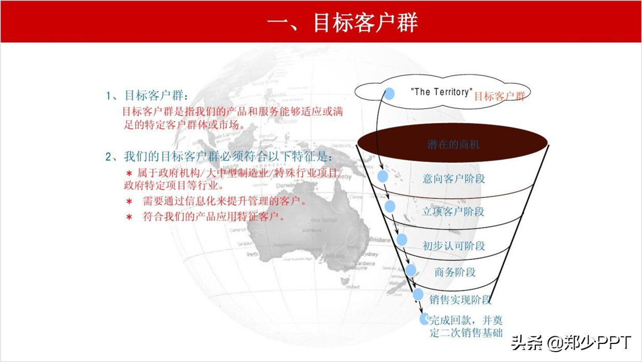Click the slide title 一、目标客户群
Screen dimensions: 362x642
342,23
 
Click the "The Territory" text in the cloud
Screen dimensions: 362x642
441,92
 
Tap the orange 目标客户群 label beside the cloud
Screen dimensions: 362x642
499,96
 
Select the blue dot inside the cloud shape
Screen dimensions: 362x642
389,94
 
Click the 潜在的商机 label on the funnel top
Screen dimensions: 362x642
453,144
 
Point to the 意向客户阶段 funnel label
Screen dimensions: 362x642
454,179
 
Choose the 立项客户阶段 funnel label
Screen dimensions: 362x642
453,211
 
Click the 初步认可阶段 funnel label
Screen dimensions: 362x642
454,246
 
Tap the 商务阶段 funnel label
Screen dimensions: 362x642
455,272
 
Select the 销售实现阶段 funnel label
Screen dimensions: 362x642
460,299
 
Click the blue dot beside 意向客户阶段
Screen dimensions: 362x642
383,177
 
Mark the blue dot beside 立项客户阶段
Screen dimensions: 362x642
390,207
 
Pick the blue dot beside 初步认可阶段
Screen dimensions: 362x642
402,240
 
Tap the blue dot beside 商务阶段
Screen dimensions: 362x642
411,270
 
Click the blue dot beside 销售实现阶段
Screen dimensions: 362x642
418,295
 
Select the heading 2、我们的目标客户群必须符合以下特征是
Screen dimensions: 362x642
219,156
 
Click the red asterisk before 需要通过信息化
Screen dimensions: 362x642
129,201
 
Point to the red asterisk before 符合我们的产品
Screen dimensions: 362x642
129,217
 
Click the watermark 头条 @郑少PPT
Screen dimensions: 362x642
571,342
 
